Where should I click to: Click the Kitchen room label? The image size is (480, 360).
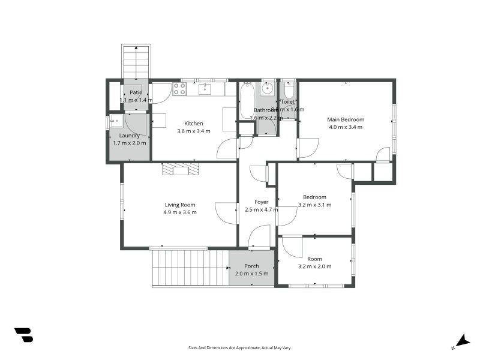(193, 124)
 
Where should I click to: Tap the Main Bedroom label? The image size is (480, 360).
(346, 119)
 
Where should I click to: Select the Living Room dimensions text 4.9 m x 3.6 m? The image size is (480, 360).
(180, 212)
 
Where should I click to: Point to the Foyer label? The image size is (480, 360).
(261, 202)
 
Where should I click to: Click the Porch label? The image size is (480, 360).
(252, 266)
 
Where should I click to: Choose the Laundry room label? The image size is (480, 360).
(129, 136)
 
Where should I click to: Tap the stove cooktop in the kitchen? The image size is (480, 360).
(179, 89)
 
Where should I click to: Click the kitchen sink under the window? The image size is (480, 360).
(205, 89)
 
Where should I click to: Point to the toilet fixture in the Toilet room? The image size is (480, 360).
(289, 92)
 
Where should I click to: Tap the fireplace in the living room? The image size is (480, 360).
(181, 169)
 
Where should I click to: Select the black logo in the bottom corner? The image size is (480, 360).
(23, 335)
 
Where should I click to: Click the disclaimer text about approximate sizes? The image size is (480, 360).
(240, 347)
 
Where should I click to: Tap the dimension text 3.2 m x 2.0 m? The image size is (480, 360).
(314, 266)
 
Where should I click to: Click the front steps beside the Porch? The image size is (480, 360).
(190, 268)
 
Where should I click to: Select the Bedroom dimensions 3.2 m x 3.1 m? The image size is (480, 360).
(314, 205)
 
